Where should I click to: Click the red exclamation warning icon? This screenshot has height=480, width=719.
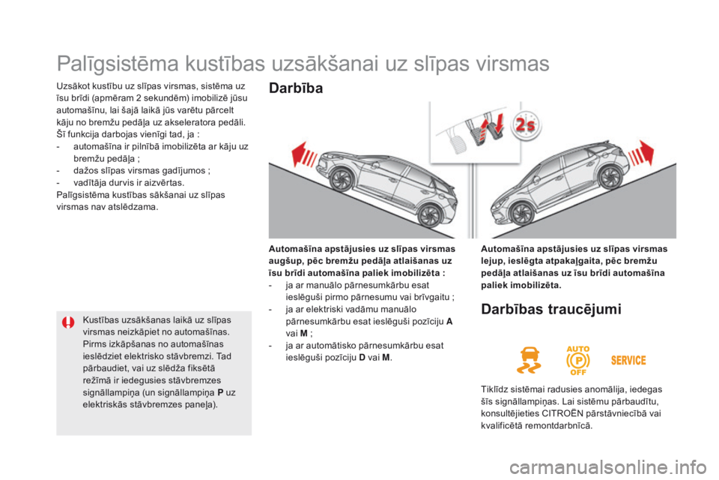(x=69, y=324)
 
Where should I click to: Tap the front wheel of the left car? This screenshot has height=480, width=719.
(x=342, y=180)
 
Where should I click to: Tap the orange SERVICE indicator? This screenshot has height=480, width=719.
(x=628, y=360)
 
